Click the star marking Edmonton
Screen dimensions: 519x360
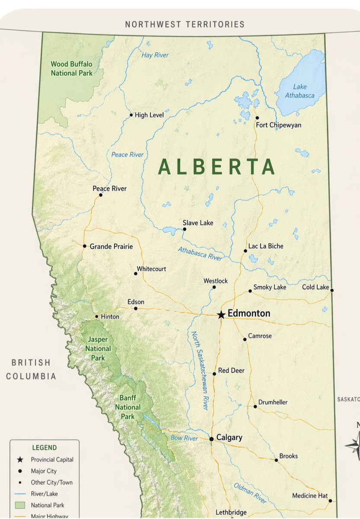pos(221,315)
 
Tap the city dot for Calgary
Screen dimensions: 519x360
pos(211,439)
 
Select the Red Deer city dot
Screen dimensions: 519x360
pos(214,374)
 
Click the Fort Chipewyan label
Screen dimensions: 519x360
pos(278,125)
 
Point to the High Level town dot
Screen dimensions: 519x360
pos(131,115)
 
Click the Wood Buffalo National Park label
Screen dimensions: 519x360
pos(71,68)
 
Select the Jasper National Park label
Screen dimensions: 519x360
pos(98,349)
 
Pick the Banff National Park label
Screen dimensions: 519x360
pos(127,407)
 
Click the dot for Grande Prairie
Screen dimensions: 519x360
pos(85,246)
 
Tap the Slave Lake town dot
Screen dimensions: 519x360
pos(184,229)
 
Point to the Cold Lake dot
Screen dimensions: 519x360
pos(332,290)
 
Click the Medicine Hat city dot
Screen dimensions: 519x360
pos(330,501)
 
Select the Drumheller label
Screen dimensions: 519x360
pos(273,402)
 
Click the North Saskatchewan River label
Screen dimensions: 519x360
pos(201,371)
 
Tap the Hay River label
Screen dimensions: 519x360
pos(155,55)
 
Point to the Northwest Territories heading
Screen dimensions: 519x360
pos(185,24)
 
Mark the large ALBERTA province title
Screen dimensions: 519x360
pos(216,167)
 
